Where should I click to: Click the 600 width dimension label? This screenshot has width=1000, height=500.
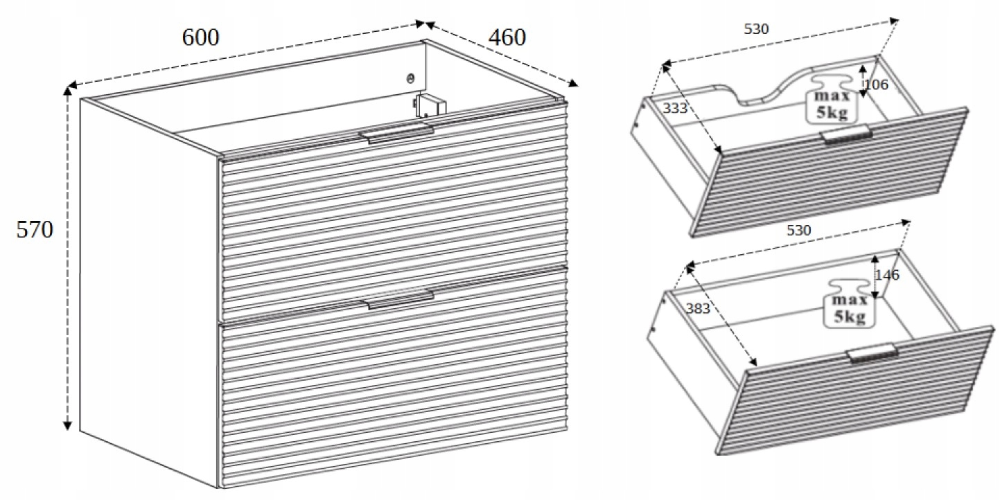click(200, 37)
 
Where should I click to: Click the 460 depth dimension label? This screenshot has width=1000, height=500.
click(507, 37)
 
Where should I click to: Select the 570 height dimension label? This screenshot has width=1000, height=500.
click(35, 230)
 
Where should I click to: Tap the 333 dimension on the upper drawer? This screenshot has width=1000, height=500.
click(674, 108)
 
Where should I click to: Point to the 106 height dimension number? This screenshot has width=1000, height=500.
click(877, 84)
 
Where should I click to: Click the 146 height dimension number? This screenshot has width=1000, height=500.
click(886, 275)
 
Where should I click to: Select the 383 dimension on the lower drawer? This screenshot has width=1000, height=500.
click(698, 308)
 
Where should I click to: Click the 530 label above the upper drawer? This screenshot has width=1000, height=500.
click(756, 29)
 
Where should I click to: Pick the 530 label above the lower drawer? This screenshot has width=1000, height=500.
click(798, 231)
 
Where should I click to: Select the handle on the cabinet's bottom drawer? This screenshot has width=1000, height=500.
click(397, 300)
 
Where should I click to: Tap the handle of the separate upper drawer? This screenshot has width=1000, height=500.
click(848, 135)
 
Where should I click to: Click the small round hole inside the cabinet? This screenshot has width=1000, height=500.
click(411, 78)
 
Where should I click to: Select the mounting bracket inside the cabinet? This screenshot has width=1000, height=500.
click(430, 106)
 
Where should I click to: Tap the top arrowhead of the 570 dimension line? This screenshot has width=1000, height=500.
click(67, 91)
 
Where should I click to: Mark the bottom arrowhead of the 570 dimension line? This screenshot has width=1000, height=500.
click(67, 425)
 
